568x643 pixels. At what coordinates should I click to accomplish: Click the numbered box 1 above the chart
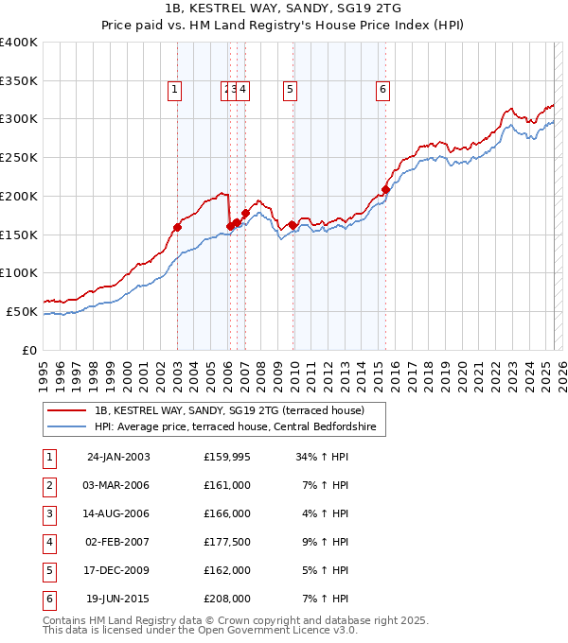point(176,90)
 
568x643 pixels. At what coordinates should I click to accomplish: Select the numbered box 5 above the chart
point(290,90)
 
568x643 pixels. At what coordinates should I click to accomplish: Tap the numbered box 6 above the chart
point(382,90)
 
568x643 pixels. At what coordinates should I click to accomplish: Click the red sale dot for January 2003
point(177,227)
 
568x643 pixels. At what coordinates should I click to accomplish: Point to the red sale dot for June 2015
point(385,189)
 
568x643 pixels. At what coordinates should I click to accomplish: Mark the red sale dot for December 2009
point(293,224)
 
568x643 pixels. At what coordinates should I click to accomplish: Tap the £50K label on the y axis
point(23,311)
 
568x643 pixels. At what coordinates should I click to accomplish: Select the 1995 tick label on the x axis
point(44,367)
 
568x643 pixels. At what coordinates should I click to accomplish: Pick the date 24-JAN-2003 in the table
point(118,458)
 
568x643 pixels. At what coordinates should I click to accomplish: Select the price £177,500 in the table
point(227,543)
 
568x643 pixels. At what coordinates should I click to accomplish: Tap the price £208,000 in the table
point(227,600)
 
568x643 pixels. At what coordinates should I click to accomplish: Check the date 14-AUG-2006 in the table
point(118,514)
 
